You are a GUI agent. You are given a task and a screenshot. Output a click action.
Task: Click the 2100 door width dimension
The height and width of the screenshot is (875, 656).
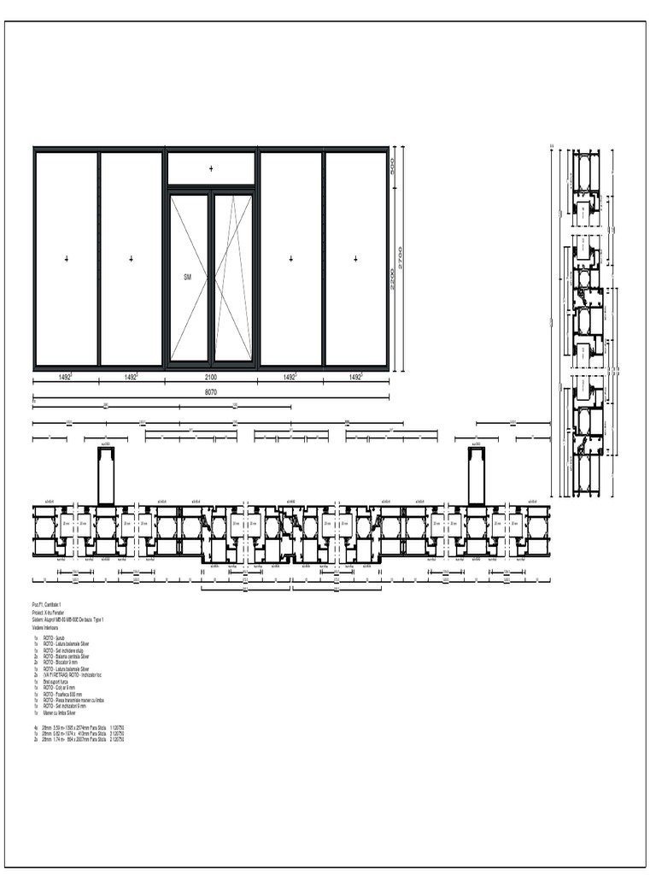[x=211, y=376]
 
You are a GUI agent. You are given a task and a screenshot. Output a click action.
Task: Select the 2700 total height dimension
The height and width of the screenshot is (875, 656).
[x=401, y=256]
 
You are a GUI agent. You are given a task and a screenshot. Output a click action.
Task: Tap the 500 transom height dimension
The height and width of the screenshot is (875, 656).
[x=392, y=167]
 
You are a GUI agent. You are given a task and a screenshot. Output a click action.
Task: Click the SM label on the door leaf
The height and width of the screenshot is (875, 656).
[x=188, y=278]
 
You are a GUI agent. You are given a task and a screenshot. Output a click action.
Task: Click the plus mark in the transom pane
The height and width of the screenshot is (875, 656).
[x=211, y=169]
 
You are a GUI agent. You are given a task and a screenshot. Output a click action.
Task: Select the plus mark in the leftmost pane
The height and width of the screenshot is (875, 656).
[x=67, y=258]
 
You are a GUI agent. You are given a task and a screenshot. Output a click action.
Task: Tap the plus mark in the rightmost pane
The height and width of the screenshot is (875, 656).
[x=355, y=258]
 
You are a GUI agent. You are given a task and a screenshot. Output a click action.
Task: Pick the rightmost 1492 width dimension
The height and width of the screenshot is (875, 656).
[x=355, y=376]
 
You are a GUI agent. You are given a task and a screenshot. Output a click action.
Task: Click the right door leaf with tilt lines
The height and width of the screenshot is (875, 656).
[x=233, y=278]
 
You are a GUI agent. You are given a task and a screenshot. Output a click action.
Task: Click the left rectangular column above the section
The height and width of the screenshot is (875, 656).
[x=106, y=475]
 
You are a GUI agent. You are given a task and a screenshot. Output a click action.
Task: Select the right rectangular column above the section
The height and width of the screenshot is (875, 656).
[x=476, y=475]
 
